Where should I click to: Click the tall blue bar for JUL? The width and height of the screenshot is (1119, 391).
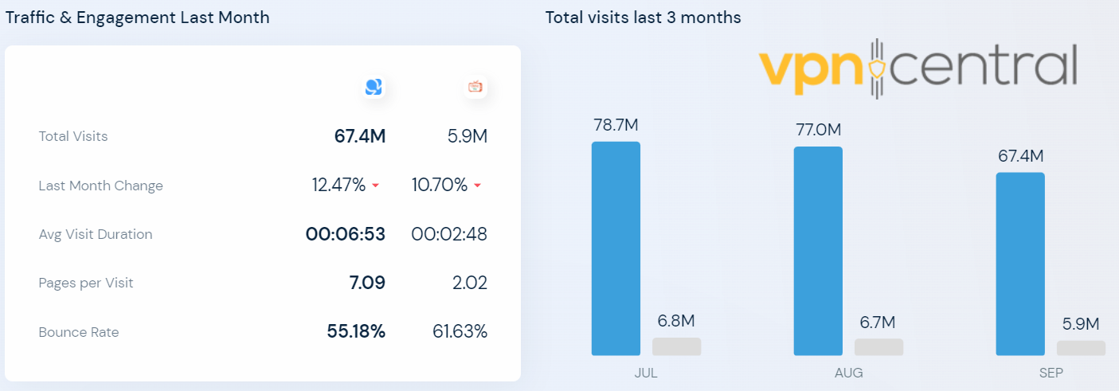coord(616,248)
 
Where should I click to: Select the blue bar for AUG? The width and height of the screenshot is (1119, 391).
coord(818,251)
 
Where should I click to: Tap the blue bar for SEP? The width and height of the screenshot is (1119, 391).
coord(1020,264)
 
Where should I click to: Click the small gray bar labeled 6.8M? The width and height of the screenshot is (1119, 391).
coord(676,346)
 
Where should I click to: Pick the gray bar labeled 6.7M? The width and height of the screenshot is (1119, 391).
coord(878,347)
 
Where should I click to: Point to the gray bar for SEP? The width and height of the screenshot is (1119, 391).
coord(1081,348)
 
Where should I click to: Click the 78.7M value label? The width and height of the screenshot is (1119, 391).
coord(616,125)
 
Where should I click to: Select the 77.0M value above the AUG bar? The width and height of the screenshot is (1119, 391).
coord(818,130)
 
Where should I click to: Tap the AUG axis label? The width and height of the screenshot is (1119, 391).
coord(848,373)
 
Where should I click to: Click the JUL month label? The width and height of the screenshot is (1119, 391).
coord(646,373)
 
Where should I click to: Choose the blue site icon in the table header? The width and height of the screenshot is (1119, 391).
coord(374,88)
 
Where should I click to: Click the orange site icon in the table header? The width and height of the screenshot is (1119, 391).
coord(475,88)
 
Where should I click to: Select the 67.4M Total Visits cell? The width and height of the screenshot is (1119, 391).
coord(359,136)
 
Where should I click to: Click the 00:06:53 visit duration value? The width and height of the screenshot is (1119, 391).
coord(346,234)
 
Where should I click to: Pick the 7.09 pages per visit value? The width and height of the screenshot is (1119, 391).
coord(367,283)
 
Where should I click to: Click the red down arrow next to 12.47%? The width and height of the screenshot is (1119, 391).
coord(375,186)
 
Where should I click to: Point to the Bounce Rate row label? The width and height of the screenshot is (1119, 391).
coord(78,332)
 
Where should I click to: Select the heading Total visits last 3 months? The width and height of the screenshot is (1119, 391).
coord(643,18)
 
